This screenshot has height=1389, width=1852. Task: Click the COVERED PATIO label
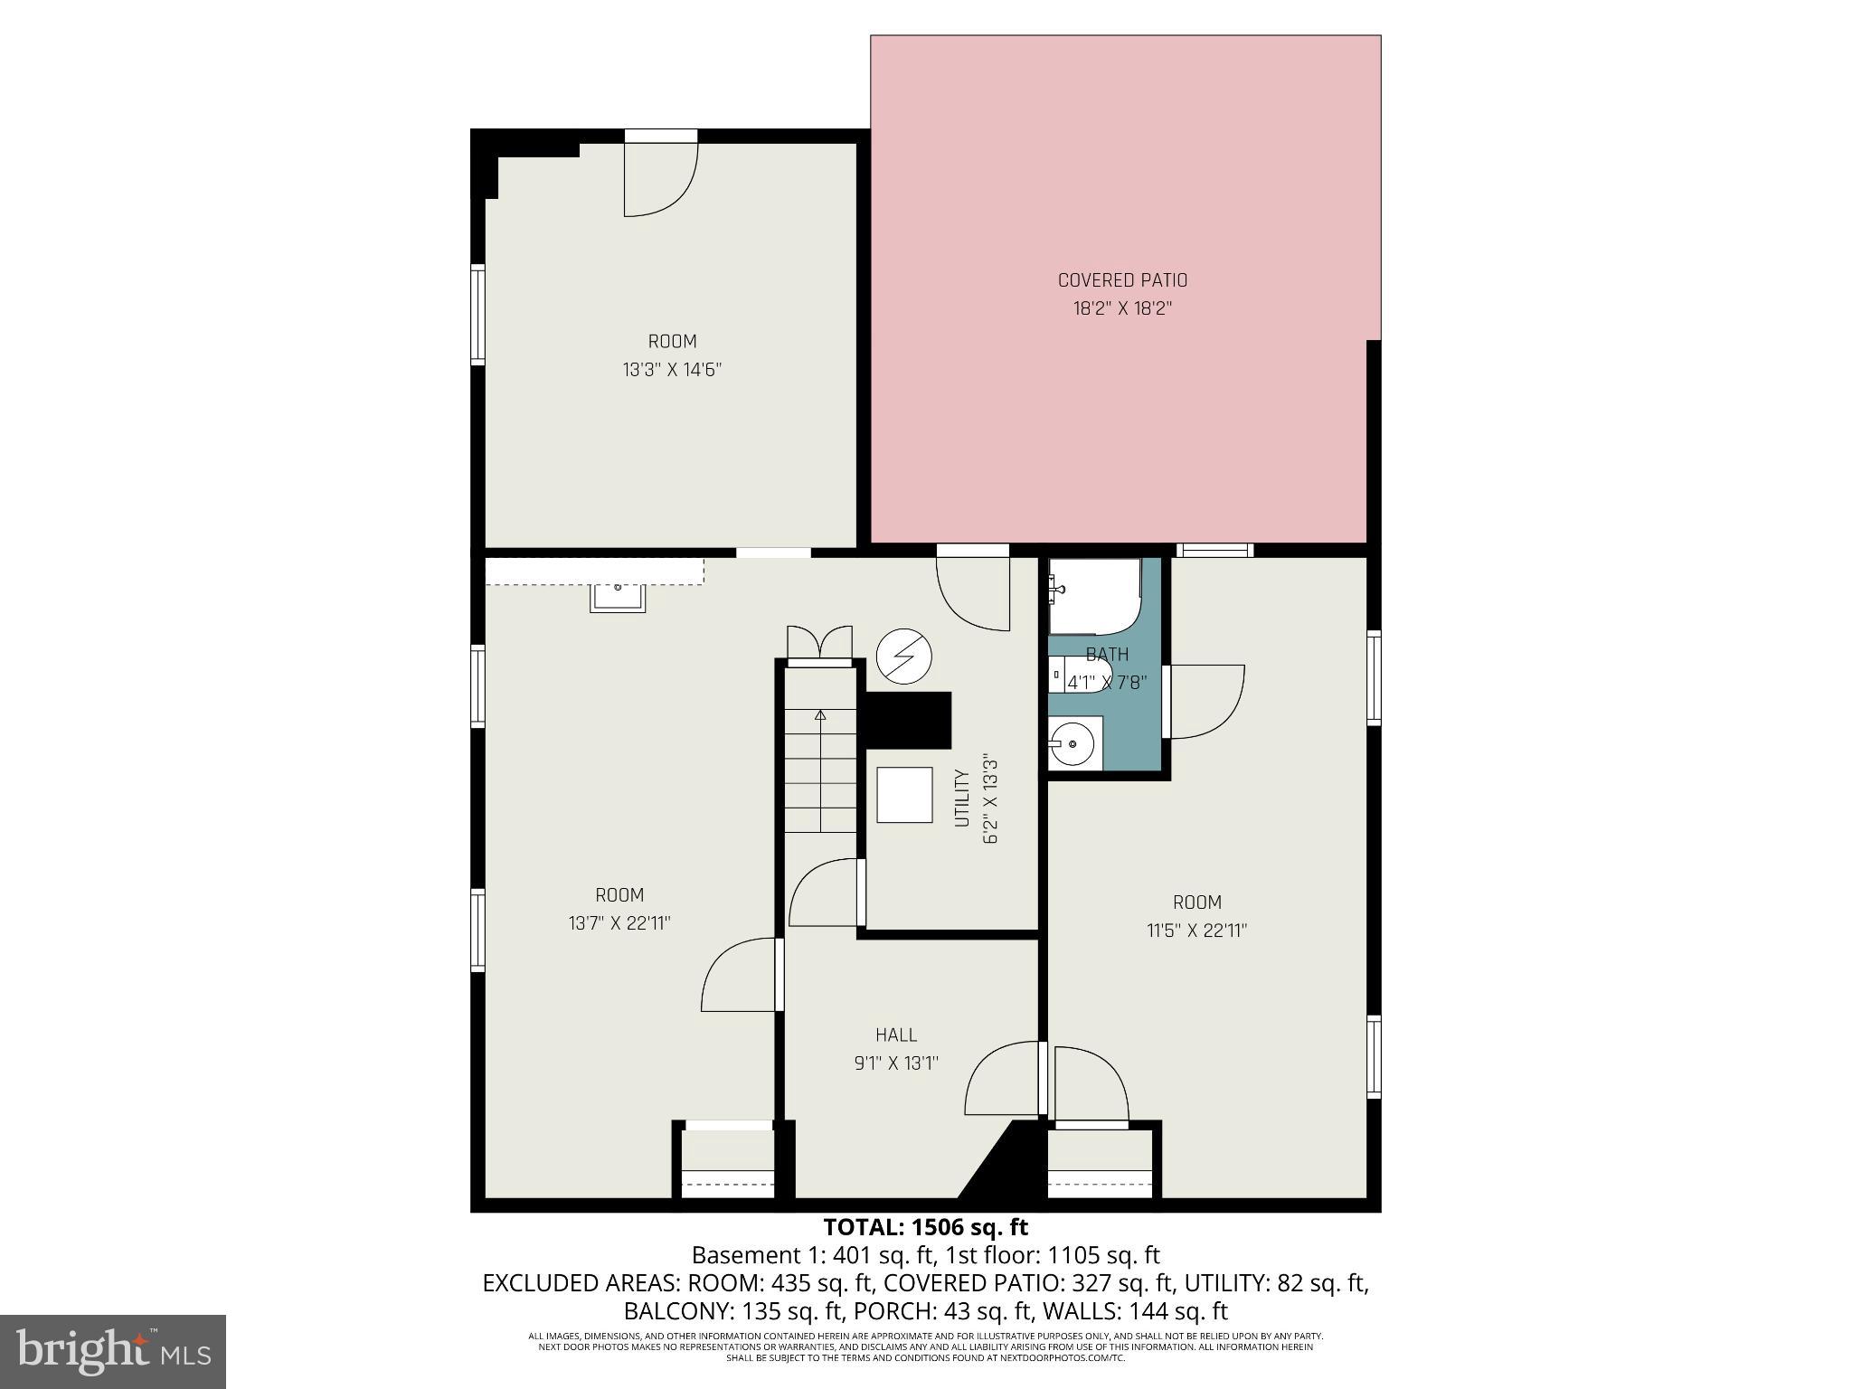click(1122, 280)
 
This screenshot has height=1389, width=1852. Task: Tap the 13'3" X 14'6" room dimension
click(672, 370)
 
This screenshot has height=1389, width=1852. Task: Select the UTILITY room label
click(962, 798)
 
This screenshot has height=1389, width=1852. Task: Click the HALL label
click(896, 1035)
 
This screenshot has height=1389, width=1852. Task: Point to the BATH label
click(1107, 654)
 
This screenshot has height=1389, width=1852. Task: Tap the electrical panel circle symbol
click(904, 656)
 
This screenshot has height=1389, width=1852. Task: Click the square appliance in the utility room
click(904, 795)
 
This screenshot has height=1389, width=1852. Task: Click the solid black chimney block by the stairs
click(908, 719)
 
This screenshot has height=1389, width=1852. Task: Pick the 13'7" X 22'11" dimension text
click(619, 923)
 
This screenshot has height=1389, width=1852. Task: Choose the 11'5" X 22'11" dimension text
click(1197, 931)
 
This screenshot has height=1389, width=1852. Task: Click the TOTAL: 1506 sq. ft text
click(925, 1227)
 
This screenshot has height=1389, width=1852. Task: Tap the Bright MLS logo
click(113, 1352)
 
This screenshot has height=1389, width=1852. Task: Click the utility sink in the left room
click(618, 598)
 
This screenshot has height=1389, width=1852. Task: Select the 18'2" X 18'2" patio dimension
click(1122, 308)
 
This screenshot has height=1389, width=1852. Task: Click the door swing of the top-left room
click(660, 180)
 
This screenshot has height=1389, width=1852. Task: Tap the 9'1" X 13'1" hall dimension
click(896, 1063)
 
